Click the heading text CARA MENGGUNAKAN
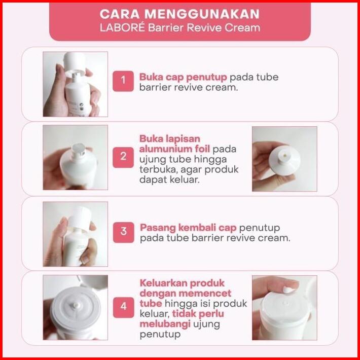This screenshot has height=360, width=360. coord(179,14)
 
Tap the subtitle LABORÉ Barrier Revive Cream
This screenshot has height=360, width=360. coord(180,28)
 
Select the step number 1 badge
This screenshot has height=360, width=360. coord(123,81)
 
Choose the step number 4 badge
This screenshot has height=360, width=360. coord(124,307)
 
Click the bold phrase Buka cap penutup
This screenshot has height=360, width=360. coord(183,78)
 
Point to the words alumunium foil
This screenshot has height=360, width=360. coord(174,149)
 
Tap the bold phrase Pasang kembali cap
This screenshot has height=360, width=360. coord(188,228)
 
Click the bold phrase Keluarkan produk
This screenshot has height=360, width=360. coord(182,283)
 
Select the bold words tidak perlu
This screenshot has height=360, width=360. coord(198,314)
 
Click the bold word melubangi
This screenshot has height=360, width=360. coord(165,324)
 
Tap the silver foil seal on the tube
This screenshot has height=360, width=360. coord(79,149)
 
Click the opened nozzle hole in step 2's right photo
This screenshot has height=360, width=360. coord(285,155)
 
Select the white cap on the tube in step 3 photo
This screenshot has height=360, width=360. coord(80,218)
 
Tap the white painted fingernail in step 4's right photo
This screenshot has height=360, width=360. coord(288,290)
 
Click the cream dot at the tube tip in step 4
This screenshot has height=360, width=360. coord(76,305)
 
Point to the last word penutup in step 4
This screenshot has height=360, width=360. coord(160,335)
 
